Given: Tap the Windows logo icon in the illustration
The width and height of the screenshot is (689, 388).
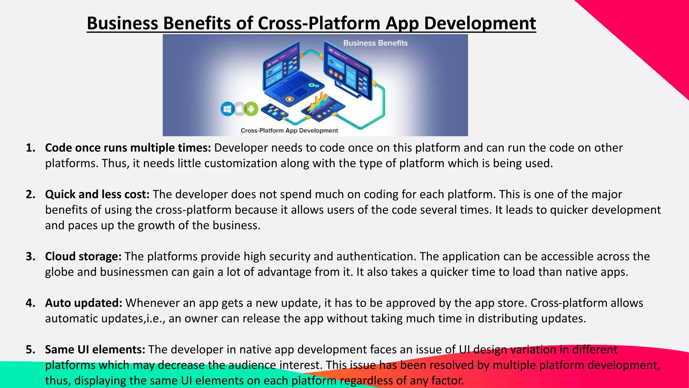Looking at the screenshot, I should (228, 109).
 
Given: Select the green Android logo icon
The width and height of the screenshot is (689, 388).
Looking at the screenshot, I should (251, 109).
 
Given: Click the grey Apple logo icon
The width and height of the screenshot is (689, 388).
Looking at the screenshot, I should (239, 109).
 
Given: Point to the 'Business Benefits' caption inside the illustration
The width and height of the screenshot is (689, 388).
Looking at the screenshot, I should (375, 43).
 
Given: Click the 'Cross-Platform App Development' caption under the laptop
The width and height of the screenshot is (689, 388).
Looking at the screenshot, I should (289, 131).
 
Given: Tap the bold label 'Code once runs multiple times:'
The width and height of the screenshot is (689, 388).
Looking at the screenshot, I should (128, 148).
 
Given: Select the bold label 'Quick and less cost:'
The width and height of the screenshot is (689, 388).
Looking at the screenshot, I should (97, 194).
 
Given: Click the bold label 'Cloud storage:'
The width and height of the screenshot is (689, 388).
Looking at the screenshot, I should (83, 256).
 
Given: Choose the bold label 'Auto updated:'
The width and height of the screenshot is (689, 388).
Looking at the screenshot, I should (84, 303).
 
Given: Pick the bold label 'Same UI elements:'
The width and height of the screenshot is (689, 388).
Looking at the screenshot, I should (95, 349).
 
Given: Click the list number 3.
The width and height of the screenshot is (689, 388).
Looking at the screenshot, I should (30, 256).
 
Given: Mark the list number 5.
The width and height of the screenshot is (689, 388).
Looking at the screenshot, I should (30, 349).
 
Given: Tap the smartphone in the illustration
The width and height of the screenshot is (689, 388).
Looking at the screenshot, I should (274, 111).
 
